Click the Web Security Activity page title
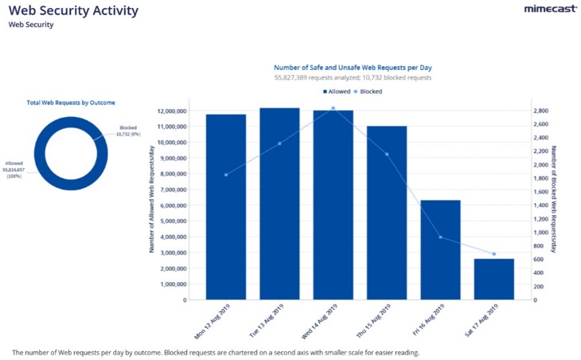[73, 11]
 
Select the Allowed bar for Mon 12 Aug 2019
[226, 207]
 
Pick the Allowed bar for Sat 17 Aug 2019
[493, 279]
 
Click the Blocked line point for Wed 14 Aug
[333, 108]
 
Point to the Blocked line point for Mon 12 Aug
[226, 174]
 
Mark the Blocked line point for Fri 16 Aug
[440, 237]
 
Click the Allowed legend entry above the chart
[337, 92]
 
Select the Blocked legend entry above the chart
[368, 92]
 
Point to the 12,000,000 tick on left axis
[171, 111]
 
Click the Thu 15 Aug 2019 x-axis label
[379, 323]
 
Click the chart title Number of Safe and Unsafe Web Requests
[353, 68]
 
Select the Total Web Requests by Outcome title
[71, 103]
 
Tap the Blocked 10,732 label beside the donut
[128, 131]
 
